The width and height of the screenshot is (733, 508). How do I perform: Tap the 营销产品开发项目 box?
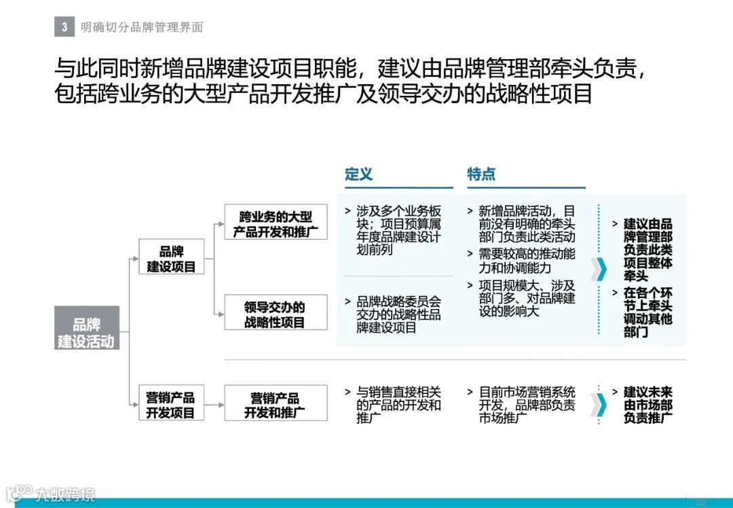coord(171,404)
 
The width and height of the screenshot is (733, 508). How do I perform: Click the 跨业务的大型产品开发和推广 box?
coord(275,223)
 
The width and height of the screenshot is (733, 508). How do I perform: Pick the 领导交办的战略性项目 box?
coord(275,314)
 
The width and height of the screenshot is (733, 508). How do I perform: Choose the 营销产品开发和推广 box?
coord(275,404)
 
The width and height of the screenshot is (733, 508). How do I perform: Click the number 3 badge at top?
coord(64,27)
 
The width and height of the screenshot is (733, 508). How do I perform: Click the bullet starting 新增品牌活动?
coord(526,223)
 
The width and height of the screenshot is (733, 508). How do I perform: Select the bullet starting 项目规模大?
coord(526,299)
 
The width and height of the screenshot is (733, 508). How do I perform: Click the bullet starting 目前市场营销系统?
coord(526,405)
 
